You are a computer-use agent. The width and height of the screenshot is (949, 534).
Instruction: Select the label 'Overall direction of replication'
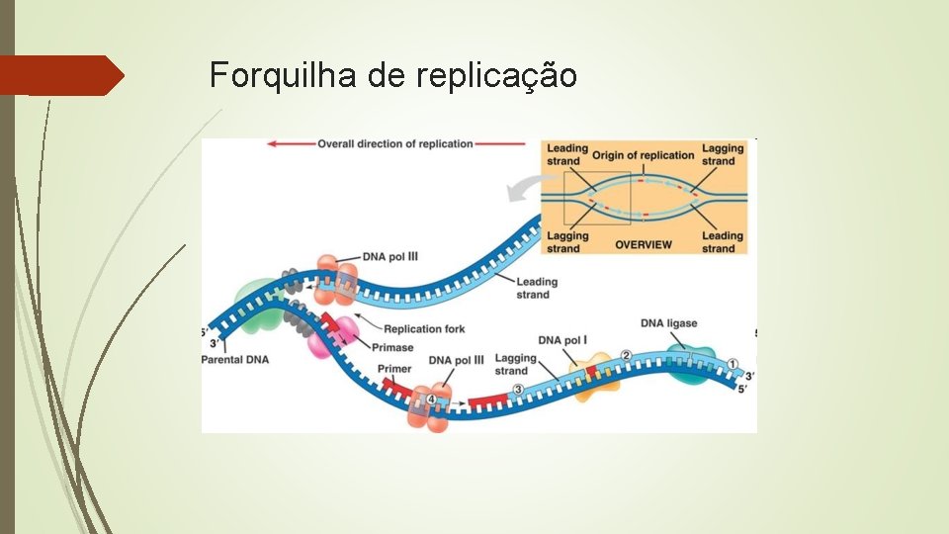point(394,144)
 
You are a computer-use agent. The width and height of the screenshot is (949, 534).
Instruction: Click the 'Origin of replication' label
point(643,155)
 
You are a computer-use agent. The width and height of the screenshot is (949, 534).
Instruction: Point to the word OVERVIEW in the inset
point(643,244)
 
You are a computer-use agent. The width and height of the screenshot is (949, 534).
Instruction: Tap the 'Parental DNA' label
point(235,360)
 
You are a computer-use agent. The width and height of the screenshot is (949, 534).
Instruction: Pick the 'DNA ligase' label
point(668,323)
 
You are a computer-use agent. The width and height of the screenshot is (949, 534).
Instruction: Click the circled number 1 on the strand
point(733,362)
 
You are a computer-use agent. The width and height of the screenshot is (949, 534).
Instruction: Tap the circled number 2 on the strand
point(625,355)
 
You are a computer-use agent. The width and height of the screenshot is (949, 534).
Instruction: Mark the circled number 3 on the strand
point(518,389)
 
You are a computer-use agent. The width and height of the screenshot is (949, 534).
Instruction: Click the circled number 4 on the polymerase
point(430,400)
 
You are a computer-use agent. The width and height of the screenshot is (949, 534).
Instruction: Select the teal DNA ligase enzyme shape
point(691,364)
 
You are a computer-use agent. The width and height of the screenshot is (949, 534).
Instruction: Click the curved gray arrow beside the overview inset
point(522,187)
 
